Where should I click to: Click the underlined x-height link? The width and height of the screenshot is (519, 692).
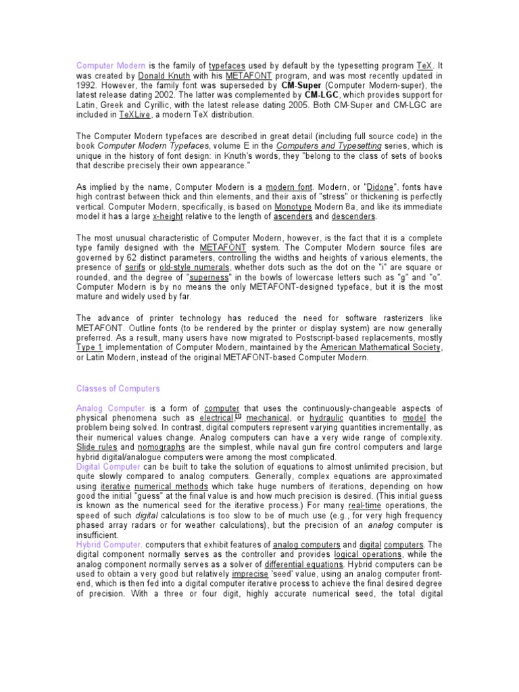click(169, 216)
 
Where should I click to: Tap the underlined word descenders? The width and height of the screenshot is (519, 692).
click(353, 216)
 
